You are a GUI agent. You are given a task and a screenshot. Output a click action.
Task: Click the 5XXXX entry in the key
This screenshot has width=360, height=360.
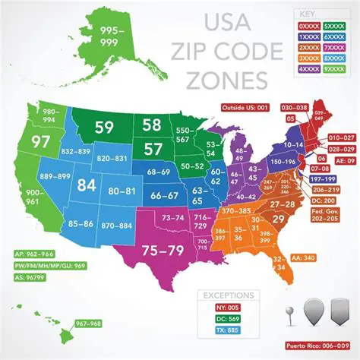tap(335, 27)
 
